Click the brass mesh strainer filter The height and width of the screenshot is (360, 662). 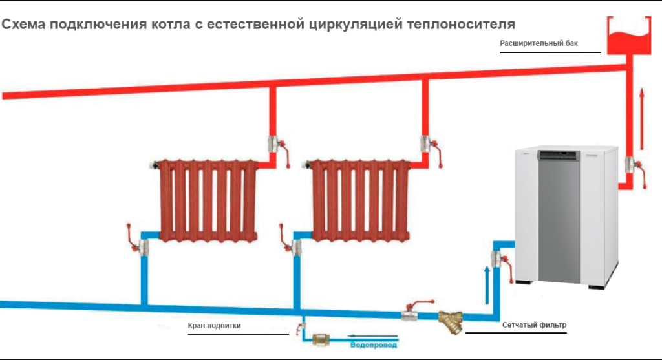451,320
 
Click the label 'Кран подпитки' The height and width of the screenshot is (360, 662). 214,326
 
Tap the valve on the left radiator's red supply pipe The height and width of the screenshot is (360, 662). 275,144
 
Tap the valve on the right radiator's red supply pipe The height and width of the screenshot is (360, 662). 428,143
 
